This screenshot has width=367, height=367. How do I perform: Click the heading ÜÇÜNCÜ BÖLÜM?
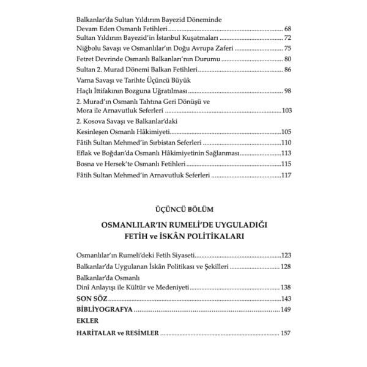[x=183, y=210]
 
